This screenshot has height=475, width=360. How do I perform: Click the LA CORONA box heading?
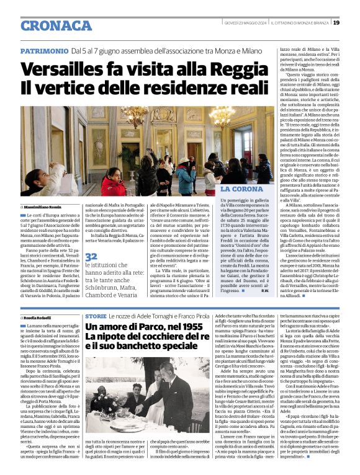tap(242, 188)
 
